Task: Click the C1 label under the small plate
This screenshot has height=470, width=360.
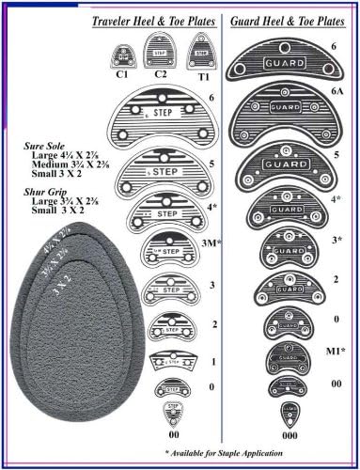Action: (121, 73)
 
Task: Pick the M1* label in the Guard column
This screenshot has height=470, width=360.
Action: (334, 352)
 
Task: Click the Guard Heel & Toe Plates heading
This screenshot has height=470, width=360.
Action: (292, 20)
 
